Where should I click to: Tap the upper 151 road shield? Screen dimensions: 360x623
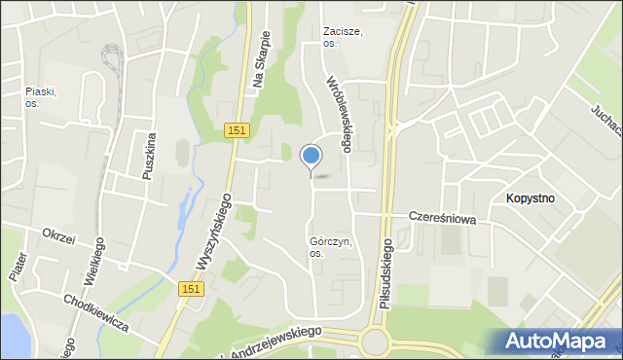237,130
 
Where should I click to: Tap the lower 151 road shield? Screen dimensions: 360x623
192,289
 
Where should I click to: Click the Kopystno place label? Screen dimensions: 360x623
531,198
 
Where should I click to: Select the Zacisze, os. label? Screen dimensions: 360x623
343,37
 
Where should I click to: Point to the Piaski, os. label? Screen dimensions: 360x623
41,97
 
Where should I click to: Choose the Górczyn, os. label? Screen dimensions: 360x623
330,247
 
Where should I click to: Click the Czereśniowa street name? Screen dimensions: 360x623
442,219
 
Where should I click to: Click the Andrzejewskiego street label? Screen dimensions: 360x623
273,340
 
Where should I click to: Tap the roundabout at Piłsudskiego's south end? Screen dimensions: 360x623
373,342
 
